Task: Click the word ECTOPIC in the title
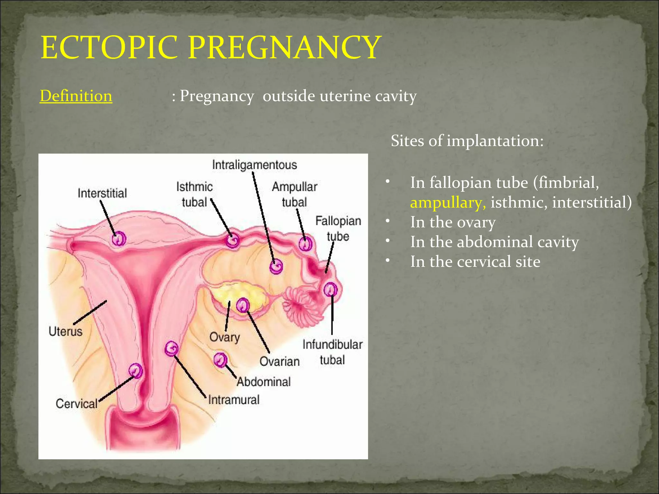click(x=109, y=48)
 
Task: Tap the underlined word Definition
click(x=76, y=96)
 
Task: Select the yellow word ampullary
click(x=448, y=203)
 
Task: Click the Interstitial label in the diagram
click(x=102, y=193)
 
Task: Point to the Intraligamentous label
click(x=254, y=165)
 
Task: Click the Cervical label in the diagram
click(x=76, y=403)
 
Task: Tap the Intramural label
click(x=234, y=400)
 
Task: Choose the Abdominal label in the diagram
click(x=264, y=382)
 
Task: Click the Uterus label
click(x=65, y=331)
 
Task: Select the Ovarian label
click(x=279, y=361)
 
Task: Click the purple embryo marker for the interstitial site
click(x=119, y=239)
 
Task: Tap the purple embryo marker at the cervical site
click(x=136, y=370)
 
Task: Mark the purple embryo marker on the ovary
click(x=243, y=305)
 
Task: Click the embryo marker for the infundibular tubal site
click(x=330, y=289)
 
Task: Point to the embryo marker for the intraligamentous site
click(x=276, y=266)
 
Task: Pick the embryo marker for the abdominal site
click(x=220, y=360)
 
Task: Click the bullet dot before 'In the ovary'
click(x=388, y=221)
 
